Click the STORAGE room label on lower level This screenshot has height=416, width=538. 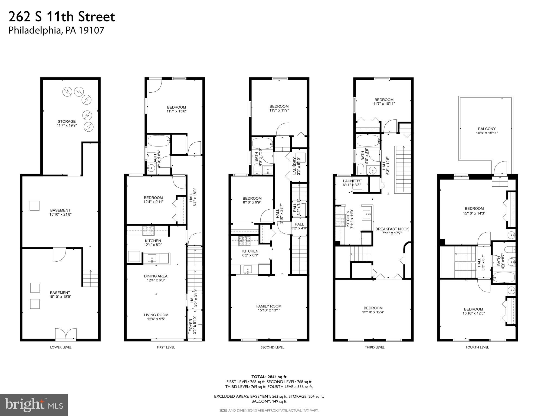[67, 122]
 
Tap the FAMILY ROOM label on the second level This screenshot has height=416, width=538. [269, 306]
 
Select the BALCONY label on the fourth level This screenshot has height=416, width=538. [487, 129]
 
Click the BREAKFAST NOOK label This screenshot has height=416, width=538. [392, 229]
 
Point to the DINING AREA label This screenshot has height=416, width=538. [156, 276]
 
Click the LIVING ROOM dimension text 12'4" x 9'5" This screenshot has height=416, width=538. [156, 319]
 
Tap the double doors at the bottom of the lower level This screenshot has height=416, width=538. [66, 334]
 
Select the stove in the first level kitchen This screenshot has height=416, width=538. [148, 230]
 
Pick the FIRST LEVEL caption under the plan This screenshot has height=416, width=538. [166, 347]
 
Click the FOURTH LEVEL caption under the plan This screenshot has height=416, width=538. [477, 347]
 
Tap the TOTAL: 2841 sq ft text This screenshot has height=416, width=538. [269, 377]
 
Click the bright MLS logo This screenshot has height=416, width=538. [34, 405]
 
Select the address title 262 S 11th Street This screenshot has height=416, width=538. [62, 17]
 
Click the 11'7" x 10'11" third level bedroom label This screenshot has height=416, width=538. [384, 104]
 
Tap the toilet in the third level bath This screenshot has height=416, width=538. [361, 169]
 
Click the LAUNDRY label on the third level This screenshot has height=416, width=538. [352, 181]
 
